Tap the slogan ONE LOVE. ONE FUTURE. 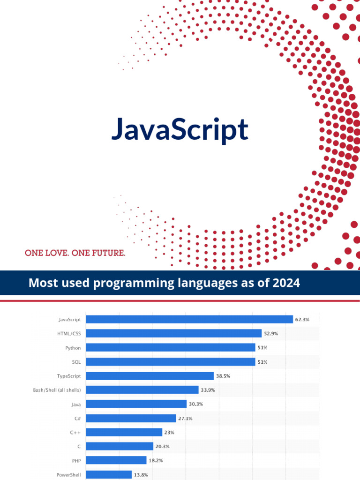point(75,253)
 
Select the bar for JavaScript point(190,319)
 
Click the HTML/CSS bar point(174,333)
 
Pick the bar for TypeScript point(150,375)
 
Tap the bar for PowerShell point(109,475)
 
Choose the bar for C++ point(125,432)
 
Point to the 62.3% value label point(302,319)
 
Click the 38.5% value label point(223,376)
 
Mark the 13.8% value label point(141,475)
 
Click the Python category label point(73,348)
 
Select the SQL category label point(76,362)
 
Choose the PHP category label point(76,461)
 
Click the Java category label point(76,404)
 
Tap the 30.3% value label point(196,404)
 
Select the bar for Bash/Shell point(143,390)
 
